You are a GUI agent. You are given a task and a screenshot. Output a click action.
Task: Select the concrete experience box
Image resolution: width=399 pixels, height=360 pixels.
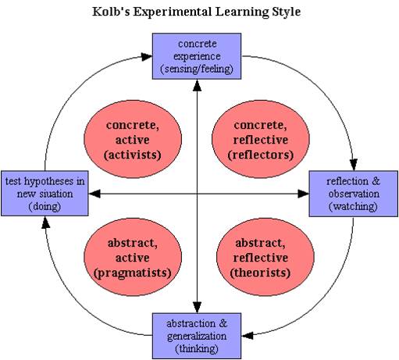point(197,56)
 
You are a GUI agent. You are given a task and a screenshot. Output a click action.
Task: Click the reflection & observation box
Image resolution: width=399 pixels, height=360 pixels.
point(354,194)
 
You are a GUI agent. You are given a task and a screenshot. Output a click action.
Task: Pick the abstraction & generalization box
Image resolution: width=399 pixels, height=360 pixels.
point(197,336)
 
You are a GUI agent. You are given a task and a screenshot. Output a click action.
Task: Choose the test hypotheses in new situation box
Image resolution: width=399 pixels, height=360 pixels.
point(45,194)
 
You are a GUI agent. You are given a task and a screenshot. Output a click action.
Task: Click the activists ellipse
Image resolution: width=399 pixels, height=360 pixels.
point(133,140)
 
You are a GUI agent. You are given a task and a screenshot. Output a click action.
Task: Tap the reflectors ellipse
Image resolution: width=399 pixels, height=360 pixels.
point(261,140)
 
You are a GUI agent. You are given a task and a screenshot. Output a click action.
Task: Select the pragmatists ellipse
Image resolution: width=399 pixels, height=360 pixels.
point(133,257)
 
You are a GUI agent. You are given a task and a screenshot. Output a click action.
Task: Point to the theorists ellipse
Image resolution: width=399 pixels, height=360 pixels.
point(265,257)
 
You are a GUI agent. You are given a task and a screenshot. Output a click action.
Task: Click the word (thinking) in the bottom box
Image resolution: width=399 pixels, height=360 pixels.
point(197,349)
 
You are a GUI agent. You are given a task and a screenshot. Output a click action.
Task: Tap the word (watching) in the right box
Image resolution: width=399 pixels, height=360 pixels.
point(353,207)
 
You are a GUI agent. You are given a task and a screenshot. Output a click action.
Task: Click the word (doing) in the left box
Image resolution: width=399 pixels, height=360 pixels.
point(45,207)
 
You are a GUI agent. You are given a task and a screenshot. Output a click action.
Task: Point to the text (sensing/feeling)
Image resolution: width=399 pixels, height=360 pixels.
point(197,70)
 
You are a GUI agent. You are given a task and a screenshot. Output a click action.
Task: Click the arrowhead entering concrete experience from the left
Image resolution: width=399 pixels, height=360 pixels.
point(147,56)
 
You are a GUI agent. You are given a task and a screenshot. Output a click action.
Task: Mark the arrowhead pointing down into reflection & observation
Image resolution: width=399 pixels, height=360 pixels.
point(354,165)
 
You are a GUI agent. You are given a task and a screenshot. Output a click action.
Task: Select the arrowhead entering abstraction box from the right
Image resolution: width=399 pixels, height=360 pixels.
point(248,336)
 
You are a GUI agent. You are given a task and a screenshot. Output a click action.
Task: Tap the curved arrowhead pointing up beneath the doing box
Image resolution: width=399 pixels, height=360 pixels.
point(46,223)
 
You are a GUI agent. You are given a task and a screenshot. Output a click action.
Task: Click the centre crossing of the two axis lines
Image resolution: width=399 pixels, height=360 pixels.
point(197,194)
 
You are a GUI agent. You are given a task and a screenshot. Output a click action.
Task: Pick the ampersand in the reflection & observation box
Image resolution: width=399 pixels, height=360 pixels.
point(376,181)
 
